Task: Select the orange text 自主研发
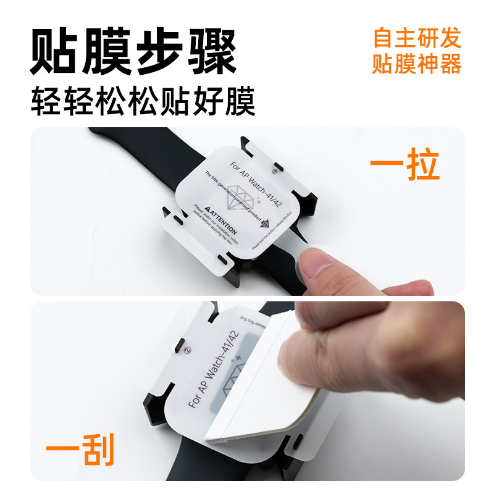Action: click(417, 38)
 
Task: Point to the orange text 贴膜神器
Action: click(417, 64)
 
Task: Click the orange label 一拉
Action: click(404, 165)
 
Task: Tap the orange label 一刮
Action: click(81, 451)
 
